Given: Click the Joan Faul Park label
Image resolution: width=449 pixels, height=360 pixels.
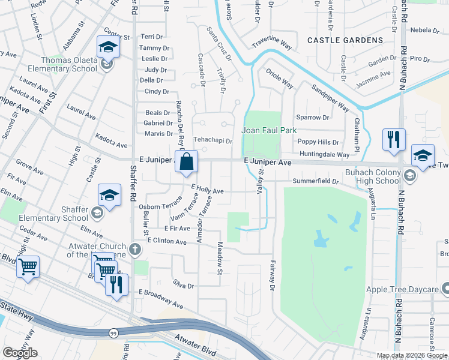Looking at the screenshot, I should tap(270, 130).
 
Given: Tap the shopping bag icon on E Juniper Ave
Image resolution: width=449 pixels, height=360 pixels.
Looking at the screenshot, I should tap(187, 161).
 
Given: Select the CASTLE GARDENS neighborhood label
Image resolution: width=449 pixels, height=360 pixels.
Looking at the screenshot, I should tap(345, 40).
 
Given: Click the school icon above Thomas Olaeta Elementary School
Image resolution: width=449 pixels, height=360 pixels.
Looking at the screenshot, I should tap(109, 47).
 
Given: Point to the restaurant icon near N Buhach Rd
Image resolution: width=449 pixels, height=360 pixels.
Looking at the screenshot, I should tap(394, 140).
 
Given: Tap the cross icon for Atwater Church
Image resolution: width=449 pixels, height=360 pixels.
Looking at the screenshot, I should tap(136, 247).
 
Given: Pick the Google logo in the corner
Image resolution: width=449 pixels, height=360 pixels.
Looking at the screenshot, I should tap(20, 353).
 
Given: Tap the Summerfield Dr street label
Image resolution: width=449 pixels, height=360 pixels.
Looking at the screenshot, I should tap(316, 181).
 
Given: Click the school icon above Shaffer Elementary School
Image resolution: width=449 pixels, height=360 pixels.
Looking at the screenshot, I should tap(109, 194).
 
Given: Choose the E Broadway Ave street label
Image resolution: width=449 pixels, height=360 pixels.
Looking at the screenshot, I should tap(160, 298).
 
